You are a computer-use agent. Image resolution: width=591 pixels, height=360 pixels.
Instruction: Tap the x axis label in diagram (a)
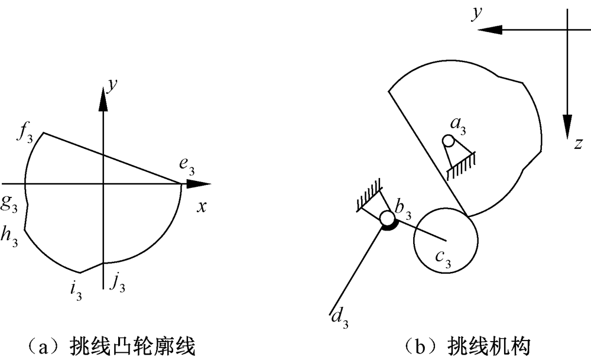point(201,206)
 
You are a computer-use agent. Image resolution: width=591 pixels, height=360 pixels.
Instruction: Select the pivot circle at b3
point(387,219)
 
